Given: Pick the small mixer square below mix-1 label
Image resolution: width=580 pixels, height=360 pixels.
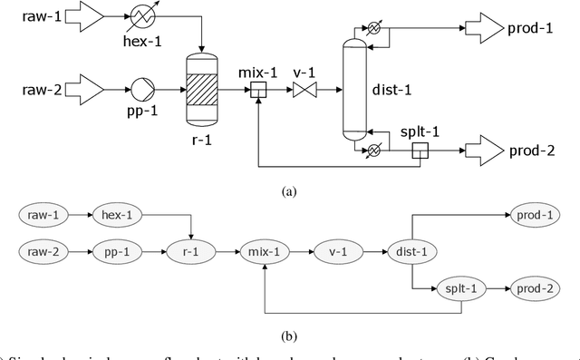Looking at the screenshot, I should point(258,90).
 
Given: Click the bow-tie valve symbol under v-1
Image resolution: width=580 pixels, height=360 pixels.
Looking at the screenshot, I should point(303,90).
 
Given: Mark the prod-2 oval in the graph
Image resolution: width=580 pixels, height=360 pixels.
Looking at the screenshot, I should point(541,287).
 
